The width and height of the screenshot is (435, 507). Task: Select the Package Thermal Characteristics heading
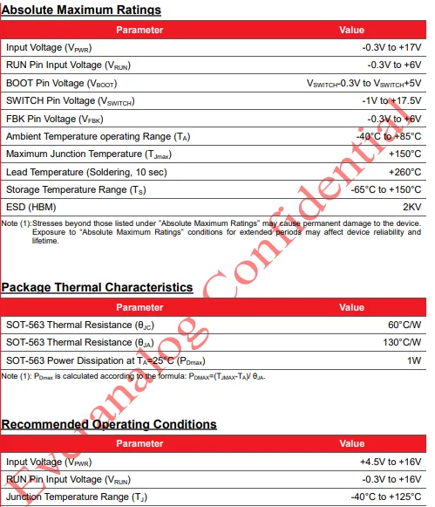click(97, 287)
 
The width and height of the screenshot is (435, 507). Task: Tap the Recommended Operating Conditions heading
click(109, 424)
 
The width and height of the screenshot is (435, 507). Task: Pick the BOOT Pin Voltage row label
click(61, 84)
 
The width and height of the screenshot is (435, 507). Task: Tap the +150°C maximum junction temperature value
click(403, 154)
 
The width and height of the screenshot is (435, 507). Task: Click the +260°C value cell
click(404, 172)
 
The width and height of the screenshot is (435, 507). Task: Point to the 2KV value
click(411, 207)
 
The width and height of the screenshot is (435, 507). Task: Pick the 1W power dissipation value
click(414, 360)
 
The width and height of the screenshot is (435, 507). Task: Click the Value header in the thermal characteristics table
click(351, 307)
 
